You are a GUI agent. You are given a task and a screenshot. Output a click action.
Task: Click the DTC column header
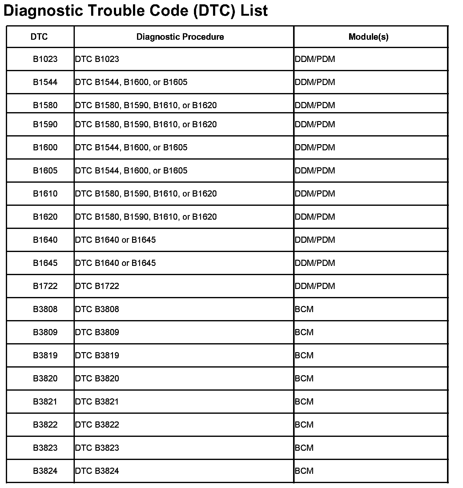39,37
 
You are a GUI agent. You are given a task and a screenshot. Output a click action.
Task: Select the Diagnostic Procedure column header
180,37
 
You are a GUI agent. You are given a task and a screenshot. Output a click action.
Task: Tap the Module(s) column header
368,37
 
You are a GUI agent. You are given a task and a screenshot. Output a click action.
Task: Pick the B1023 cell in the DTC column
45,59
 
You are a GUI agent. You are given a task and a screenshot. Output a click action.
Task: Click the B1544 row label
45,82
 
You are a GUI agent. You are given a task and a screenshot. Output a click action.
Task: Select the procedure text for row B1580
146,105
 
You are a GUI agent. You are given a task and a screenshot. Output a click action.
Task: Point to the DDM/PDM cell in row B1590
315,124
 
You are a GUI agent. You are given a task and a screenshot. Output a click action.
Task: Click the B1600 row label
45,148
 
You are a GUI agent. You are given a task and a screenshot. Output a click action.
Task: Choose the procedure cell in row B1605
131,171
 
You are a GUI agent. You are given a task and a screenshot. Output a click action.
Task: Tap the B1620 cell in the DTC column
45,217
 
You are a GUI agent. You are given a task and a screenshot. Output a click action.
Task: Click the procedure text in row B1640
115,240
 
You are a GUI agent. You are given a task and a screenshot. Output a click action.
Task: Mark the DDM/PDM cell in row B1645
315,263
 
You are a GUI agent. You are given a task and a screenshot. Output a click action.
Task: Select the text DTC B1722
97,286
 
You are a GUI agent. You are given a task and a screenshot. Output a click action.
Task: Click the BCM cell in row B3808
304,309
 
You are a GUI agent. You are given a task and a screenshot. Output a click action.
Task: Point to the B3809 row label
45,332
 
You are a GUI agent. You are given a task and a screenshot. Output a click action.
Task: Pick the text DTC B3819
97,356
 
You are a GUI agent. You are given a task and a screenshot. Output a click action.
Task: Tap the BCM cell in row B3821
304,402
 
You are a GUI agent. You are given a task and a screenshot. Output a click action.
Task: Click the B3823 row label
45,448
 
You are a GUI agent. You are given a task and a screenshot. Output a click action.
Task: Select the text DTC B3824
97,471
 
